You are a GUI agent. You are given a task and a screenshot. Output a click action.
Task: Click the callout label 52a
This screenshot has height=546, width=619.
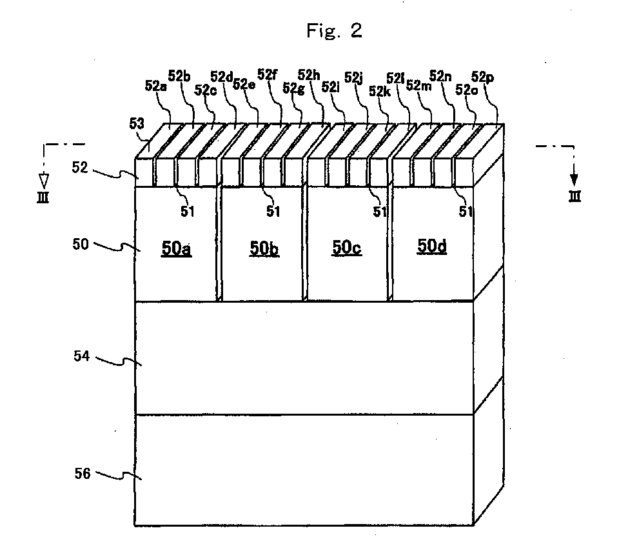tap(155, 85)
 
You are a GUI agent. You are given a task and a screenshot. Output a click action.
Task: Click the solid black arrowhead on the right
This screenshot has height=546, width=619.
tap(574, 176)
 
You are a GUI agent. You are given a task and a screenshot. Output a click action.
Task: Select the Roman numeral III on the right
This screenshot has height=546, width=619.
tap(574, 196)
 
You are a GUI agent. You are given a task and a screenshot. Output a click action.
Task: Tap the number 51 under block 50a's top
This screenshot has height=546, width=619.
tap(187, 209)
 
